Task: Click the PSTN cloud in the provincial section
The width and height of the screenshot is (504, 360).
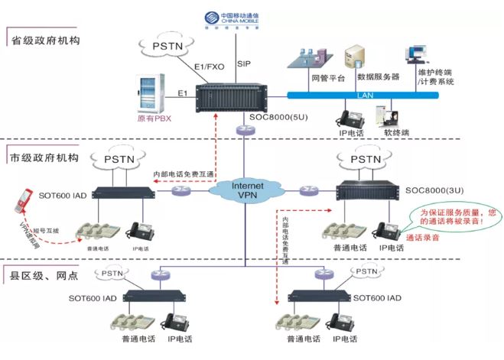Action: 164,47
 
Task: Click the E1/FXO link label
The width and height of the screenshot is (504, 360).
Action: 208,67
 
